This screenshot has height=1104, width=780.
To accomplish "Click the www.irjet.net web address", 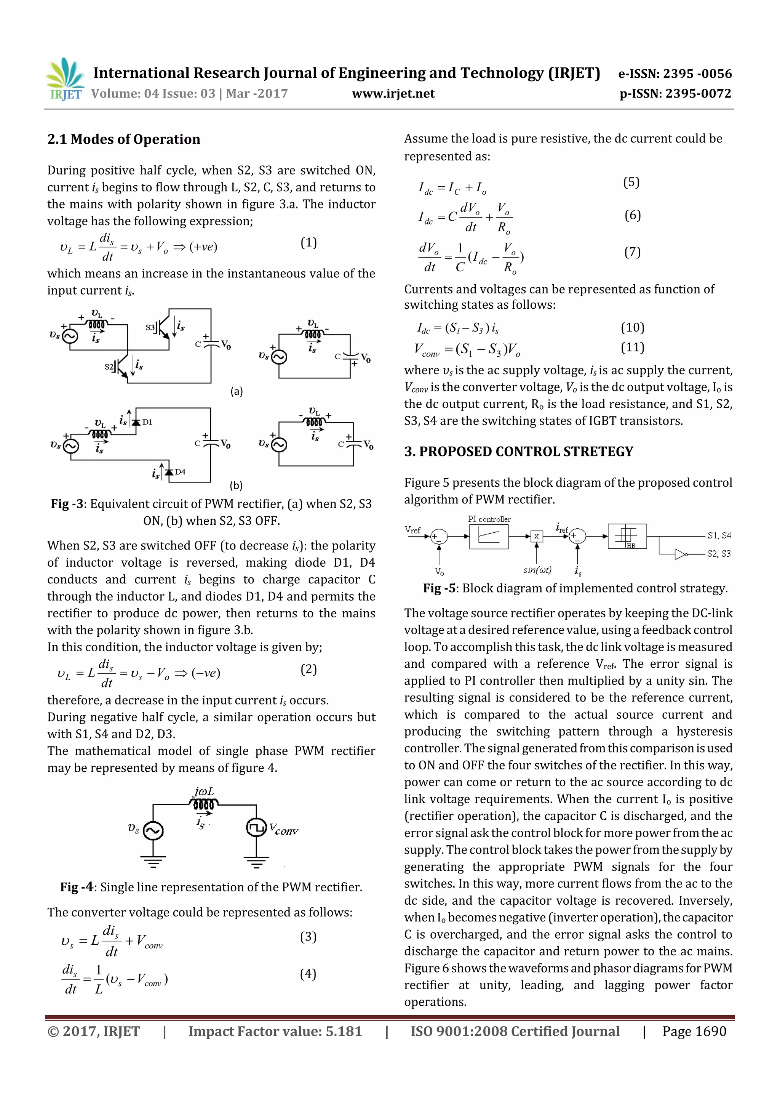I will click(x=393, y=94).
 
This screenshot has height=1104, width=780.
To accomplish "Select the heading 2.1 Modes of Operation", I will click(x=123, y=139).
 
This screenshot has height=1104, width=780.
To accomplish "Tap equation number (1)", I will click(x=308, y=242).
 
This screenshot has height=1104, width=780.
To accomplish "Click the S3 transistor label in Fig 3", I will click(x=150, y=327).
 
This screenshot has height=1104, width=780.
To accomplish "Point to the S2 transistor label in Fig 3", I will click(x=109, y=367).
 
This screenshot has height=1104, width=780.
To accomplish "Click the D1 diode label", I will click(x=147, y=422).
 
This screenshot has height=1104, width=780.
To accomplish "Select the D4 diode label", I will click(x=180, y=472).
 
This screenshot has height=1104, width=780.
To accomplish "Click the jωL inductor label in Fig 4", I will click(x=204, y=792).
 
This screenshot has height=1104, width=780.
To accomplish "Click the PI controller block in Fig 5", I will click(x=488, y=536).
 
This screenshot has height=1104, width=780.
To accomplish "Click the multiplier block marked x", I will click(x=536, y=536).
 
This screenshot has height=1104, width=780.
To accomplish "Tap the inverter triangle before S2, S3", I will click(x=680, y=554).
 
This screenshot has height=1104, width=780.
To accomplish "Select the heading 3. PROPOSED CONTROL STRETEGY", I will click(x=519, y=452).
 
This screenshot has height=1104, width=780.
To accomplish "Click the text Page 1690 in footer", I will click(x=694, y=1031).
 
